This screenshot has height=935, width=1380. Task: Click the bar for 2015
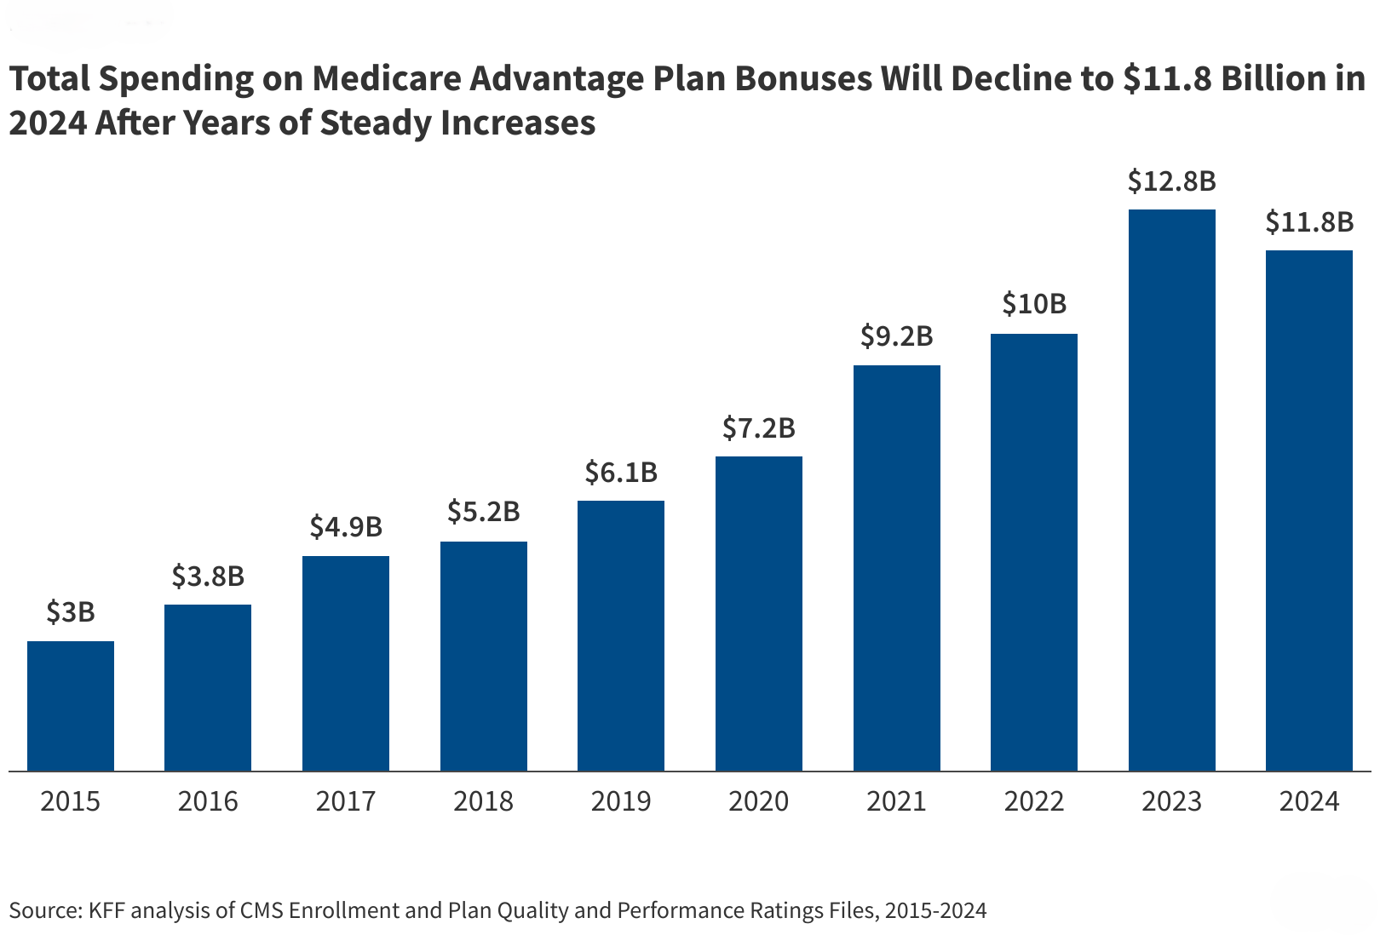pyautogui.click(x=71, y=706)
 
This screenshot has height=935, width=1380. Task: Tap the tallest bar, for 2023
pyautogui.click(x=1171, y=490)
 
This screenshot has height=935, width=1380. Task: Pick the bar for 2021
pyautogui.click(x=896, y=568)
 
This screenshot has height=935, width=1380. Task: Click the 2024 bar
pyautogui.click(x=1309, y=511)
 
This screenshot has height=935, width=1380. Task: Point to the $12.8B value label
pyautogui.click(x=1171, y=181)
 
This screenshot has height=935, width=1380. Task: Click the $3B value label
pyautogui.click(x=71, y=611)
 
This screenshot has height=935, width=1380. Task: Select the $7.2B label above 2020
pyautogui.click(x=758, y=427)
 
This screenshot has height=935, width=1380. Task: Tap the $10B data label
pyautogui.click(x=1034, y=303)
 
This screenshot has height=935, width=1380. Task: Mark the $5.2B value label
pyautogui.click(x=483, y=511)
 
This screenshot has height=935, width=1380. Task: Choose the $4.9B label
pyautogui.click(x=346, y=526)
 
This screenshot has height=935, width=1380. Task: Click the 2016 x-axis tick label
pyautogui.click(x=208, y=801)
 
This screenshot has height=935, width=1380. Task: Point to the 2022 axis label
pyautogui.click(x=1034, y=801)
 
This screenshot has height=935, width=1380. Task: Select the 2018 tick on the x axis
pyautogui.click(x=483, y=801)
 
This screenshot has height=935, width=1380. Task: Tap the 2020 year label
pyautogui.click(x=758, y=801)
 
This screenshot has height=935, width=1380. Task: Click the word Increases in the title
pyautogui.click(x=518, y=123)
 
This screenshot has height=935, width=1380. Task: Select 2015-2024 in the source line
pyautogui.click(x=935, y=910)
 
